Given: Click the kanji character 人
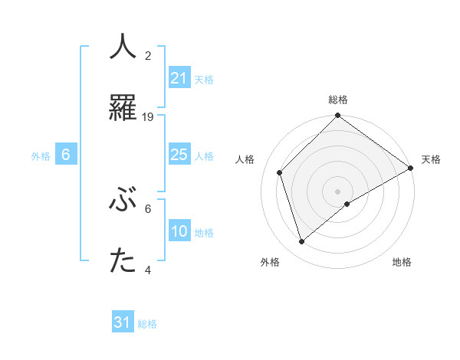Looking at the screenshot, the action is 123,47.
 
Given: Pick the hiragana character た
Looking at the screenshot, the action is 123,262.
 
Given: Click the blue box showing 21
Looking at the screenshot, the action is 179,78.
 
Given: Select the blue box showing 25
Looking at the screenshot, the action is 179,155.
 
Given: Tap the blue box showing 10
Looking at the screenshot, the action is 179,231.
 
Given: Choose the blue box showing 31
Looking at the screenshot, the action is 123,322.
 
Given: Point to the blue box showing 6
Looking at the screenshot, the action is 66,155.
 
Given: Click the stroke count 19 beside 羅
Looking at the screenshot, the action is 149,116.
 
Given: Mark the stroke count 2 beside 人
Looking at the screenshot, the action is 148,56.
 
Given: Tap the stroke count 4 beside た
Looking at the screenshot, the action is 148,270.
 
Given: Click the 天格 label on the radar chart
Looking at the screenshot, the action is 431,159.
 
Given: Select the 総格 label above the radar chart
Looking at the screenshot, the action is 338,100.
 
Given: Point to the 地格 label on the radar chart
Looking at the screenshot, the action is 402,262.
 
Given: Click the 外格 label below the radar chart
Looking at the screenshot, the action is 270,262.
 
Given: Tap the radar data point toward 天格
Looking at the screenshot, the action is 411,168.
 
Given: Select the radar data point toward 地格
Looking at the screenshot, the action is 347,204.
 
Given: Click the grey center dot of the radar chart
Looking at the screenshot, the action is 338,191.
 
